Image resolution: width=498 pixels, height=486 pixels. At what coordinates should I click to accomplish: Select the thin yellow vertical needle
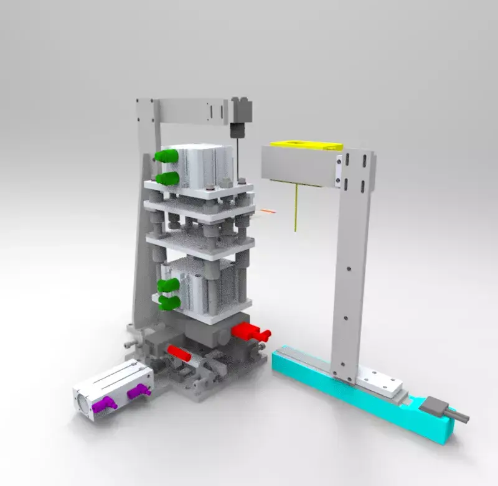[x=296, y=208]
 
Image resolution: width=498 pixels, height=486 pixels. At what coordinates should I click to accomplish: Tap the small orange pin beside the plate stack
[x=268, y=212]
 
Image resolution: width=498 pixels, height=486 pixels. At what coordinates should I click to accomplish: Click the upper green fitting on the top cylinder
[x=165, y=156]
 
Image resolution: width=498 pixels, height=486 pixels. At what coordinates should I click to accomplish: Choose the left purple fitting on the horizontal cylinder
[x=103, y=403]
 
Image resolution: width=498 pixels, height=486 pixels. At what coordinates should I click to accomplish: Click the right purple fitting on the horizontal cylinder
[x=139, y=391]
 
